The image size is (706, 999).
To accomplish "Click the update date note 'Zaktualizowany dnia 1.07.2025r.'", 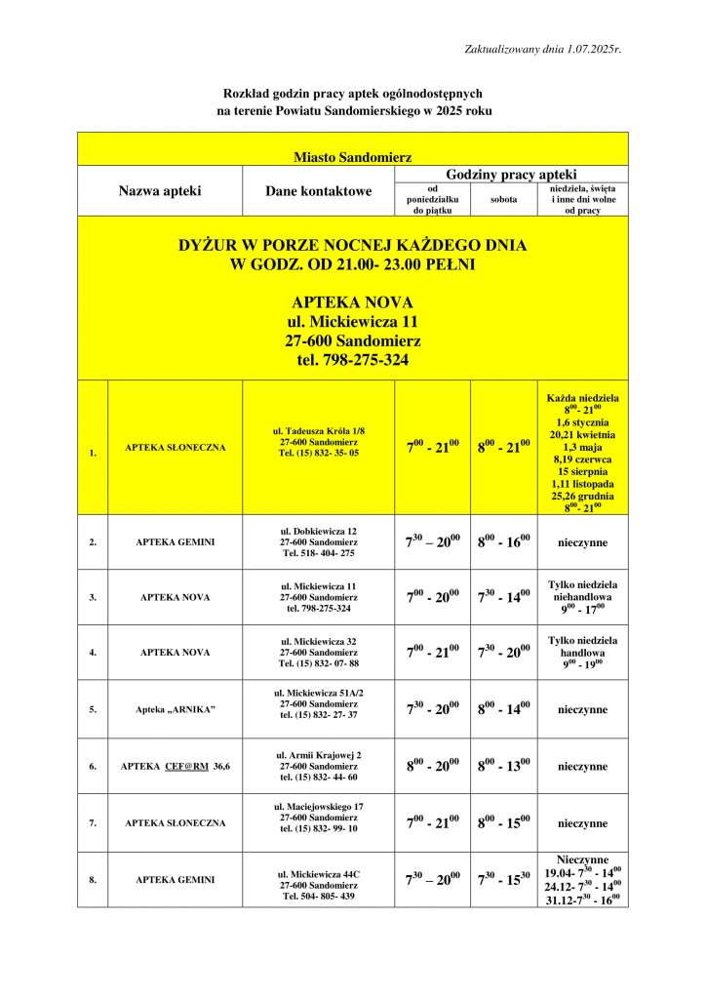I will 543,48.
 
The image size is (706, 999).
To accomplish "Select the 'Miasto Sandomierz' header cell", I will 352,156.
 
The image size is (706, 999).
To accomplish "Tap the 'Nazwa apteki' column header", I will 160,191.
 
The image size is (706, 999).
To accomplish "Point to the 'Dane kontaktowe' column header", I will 318,191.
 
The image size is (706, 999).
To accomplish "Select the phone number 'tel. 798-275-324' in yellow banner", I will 352,360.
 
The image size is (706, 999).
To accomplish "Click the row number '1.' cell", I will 93,453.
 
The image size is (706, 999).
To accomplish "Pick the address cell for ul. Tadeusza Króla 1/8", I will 319,442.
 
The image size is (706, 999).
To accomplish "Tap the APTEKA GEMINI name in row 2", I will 176,541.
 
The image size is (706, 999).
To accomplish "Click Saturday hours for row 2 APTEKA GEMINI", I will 503,541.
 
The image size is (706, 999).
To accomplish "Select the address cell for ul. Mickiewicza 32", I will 319,652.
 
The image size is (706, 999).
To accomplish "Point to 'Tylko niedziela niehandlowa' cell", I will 582,596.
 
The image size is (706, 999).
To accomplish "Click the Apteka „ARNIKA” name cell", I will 176,709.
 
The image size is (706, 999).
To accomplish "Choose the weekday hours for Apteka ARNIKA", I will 432,709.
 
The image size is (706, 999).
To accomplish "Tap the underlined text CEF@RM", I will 186,766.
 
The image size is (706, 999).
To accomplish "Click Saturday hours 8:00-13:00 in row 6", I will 503,766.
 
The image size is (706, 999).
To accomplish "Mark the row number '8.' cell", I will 93,880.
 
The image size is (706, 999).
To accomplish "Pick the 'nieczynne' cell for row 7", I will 582,823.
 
